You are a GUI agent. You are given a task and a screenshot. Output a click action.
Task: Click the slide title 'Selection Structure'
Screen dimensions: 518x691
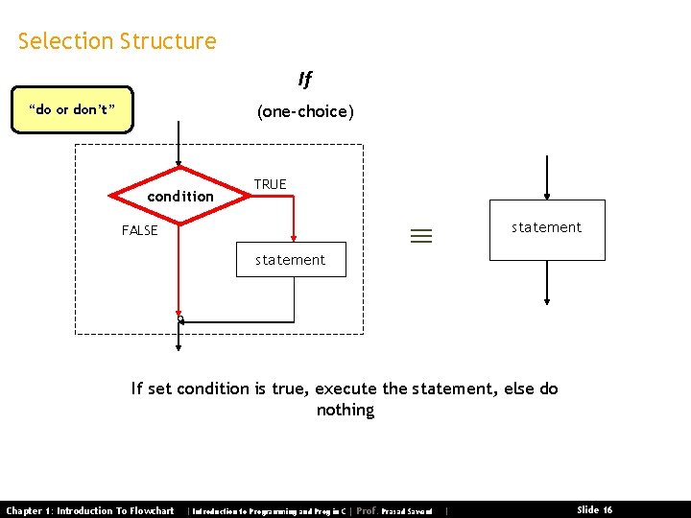coord(117,41)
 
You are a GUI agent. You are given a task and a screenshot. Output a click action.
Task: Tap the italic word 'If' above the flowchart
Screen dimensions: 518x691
coord(304,80)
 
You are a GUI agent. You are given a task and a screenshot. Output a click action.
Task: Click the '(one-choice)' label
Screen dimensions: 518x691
coord(304,111)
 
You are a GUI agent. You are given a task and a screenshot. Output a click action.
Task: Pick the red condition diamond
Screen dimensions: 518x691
coord(179,196)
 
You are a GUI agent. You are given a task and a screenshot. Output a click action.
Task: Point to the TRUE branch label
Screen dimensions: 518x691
coord(270,184)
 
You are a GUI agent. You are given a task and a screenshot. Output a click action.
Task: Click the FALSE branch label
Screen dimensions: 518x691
coord(139,230)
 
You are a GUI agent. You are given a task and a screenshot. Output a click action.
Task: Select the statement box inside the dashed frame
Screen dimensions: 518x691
coord(291,260)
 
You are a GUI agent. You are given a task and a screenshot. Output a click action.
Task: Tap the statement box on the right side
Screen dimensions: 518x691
coord(547,229)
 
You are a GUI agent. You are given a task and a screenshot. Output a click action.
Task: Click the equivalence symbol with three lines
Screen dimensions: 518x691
coord(422,236)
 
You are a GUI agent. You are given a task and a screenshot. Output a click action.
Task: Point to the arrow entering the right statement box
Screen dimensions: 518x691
coord(547,177)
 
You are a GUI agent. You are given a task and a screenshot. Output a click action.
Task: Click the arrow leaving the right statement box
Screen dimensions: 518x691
coord(547,283)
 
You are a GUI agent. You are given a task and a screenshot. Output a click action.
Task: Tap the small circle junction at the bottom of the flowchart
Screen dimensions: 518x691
coord(179,319)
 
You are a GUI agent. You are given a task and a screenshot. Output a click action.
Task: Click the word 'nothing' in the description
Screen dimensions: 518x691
coord(345,411)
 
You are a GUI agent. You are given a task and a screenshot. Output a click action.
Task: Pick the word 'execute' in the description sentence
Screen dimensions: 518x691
coord(346,388)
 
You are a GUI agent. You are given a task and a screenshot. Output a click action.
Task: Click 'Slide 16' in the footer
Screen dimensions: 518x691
coord(595,510)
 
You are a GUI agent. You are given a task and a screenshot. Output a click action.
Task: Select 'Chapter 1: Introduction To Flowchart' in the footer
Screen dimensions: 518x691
coord(90,510)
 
